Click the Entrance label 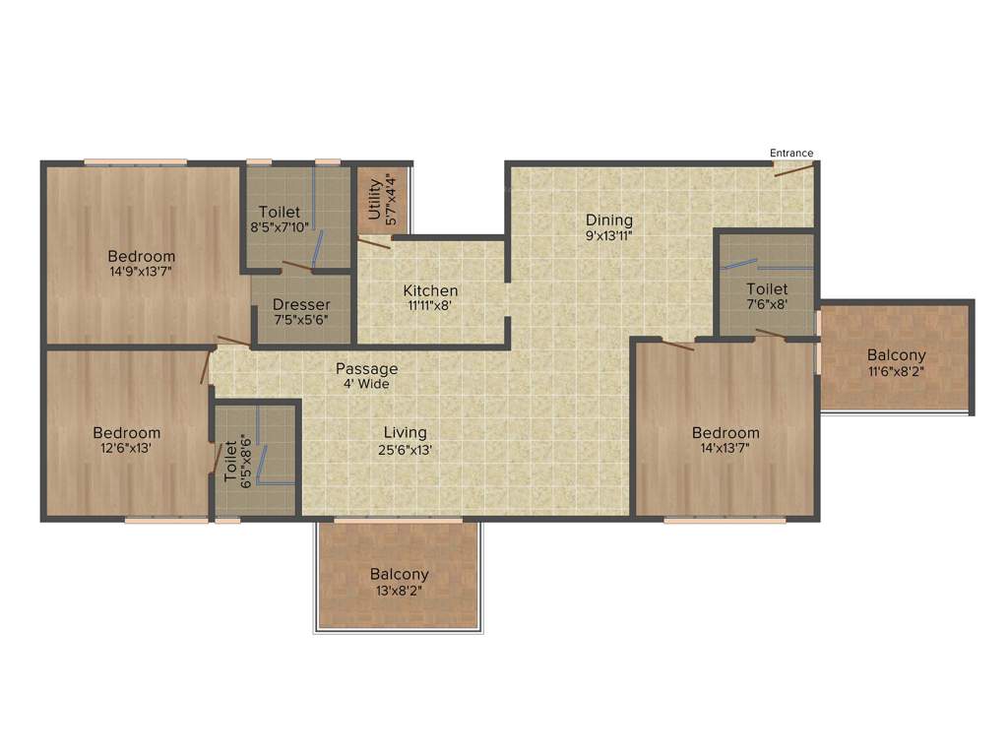(791, 153)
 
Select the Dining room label (609, 220)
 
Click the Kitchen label (430, 290)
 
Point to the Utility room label (374, 197)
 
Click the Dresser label (301, 304)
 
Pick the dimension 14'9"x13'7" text (142, 272)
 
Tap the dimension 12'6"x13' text (127, 448)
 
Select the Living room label (405, 432)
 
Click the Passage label (367, 368)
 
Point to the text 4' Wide (366, 384)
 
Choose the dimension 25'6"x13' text (405, 449)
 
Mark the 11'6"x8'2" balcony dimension (897, 371)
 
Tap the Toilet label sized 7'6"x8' (767, 288)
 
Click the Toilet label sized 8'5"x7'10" (280, 212)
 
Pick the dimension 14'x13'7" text (725, 449)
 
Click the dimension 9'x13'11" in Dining (609, 235)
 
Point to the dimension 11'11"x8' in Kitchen (430, 306)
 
